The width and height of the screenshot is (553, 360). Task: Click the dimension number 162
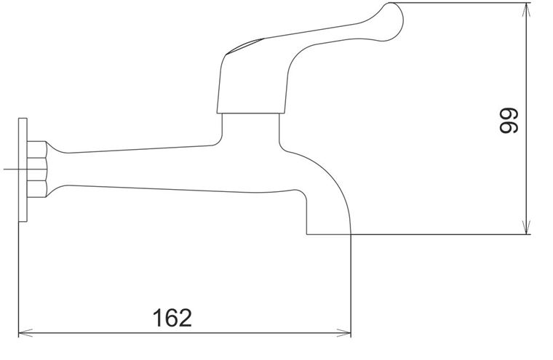tap(172, 318)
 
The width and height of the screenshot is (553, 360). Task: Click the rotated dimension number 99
tap(509, 121)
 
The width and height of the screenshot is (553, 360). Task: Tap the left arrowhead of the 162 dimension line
tap(25, 332)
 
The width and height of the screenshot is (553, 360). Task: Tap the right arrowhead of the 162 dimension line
tap(344, 332)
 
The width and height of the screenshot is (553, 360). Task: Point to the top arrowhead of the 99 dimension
tap(526, 10)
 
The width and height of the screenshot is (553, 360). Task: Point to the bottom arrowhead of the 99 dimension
tap(526, 227)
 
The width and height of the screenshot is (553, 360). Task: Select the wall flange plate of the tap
tap(23, 170)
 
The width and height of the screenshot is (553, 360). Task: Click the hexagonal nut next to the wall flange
tap(36, 169)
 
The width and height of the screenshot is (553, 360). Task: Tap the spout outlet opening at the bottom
tap(329, 233)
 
